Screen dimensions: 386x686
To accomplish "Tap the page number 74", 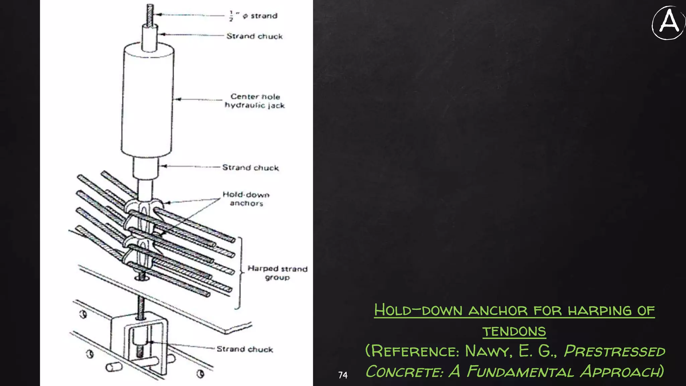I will pos(343,375).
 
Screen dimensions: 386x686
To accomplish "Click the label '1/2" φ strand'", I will pos(254,16).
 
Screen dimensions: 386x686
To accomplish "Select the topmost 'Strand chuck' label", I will pos(254,36).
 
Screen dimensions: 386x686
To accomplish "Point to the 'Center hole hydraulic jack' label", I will pos(255,101).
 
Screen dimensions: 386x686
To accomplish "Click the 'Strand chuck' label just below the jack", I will pos(250,168).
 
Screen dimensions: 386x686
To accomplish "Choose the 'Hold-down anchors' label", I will pos(246,199).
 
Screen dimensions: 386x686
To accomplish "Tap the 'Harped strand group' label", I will pos(277,273).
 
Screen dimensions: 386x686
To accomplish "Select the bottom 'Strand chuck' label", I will pos(245,349).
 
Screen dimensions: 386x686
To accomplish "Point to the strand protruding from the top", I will pos(150,13).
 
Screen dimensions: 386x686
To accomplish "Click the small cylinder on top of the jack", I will pos(149,38).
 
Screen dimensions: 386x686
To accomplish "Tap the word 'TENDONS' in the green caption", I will pos(514,331).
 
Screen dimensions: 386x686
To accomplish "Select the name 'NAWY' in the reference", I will pos(488,351).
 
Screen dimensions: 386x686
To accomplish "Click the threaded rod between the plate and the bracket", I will pos(141,307).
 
